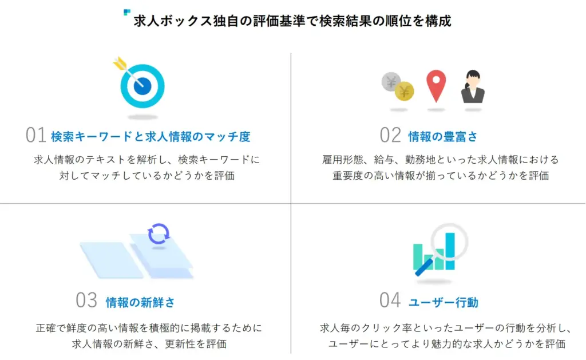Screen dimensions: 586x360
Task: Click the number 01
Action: point(35,135)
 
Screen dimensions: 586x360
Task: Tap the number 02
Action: point(390,135)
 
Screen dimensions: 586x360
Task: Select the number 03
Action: point(86,300)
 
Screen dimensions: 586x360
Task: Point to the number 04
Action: point(390,300)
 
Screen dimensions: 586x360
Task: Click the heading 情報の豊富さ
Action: point(443,136)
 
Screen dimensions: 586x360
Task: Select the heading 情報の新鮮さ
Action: point(140,302)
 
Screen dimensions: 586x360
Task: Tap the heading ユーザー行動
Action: point(444,302)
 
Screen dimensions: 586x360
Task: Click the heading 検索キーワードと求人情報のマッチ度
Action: point(151,136)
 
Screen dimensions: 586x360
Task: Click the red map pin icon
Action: point(435,86)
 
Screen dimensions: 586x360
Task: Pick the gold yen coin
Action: point(404,91)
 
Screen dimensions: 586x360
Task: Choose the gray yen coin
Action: point(390,81)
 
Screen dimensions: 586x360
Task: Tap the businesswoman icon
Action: point(473,86)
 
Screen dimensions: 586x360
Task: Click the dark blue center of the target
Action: point(142,87)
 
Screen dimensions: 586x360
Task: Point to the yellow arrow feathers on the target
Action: point(120,64)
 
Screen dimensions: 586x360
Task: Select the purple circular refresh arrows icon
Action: point(159,234)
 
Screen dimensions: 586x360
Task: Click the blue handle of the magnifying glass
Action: point(424,268)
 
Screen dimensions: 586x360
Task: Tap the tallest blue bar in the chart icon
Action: point(450,251)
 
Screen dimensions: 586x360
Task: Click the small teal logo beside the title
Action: point(126,13)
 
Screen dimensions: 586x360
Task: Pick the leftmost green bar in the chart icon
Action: point(418,256)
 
